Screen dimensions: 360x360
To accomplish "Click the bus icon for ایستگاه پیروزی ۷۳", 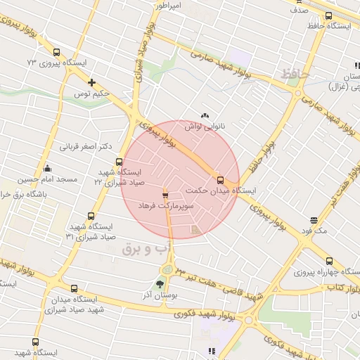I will pos(57,51).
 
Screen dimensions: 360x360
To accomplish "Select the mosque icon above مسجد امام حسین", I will pos(47,169).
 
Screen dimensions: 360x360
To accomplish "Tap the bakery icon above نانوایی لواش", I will pos(205,116).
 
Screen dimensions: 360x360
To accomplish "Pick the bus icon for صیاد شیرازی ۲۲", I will pos(119,162).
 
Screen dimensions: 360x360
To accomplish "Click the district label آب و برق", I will pos(147,248).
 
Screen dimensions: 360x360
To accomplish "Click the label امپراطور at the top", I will pos(169,6).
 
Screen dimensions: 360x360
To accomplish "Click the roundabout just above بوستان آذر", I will pos(168,269).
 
